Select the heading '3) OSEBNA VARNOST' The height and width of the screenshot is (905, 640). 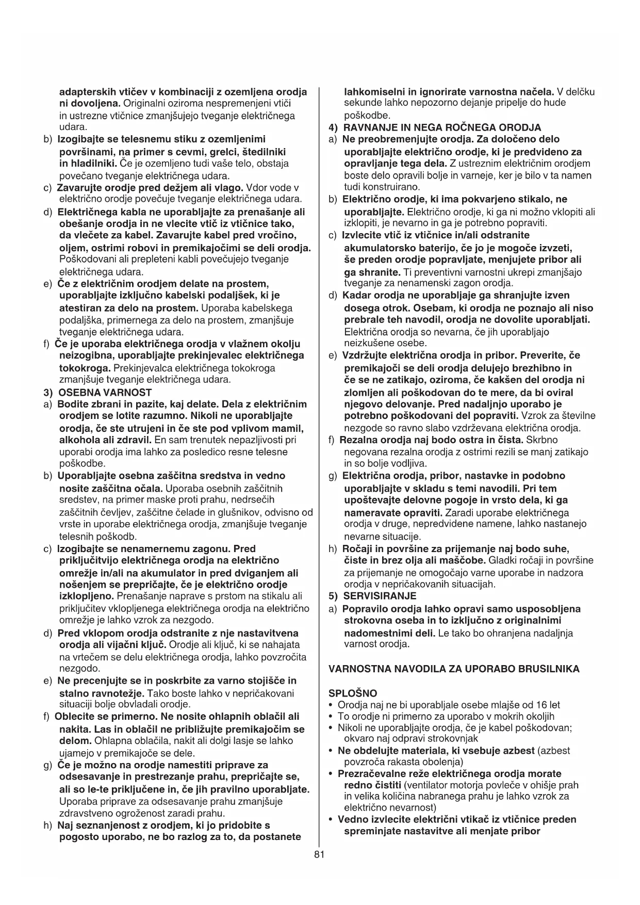pyautogui.click(x=97, y=392)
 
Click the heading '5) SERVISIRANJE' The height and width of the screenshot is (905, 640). pyautogui.click(x=372, y=596)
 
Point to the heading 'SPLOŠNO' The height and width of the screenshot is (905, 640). pyautogui.click(x=352, y=693)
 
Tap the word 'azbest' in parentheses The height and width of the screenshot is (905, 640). pyautogui.click(x=553, y=751)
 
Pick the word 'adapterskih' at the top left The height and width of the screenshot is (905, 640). pyautogui.click(x=85, y=92)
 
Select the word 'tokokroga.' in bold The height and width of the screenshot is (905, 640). pyautogui.click(x=85, y=368)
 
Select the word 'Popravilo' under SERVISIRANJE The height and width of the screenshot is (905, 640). pyautogui.click(x=364, y=609)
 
